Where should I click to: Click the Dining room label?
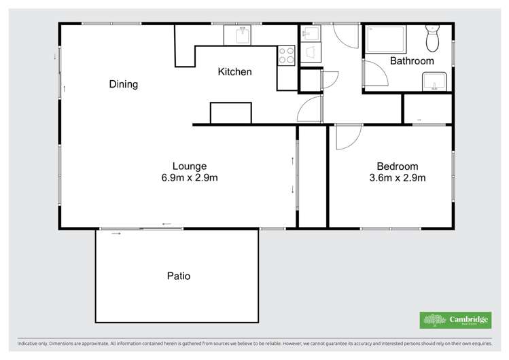124,85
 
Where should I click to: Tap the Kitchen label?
234,72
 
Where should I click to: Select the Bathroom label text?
412,61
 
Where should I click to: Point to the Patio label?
179,276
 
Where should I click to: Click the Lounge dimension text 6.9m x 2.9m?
190,178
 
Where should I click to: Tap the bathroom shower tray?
386,39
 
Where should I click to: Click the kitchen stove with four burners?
286,55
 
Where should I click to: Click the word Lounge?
190,166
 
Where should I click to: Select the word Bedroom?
398,166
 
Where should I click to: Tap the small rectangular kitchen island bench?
230,113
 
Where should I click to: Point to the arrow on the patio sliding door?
116,234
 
